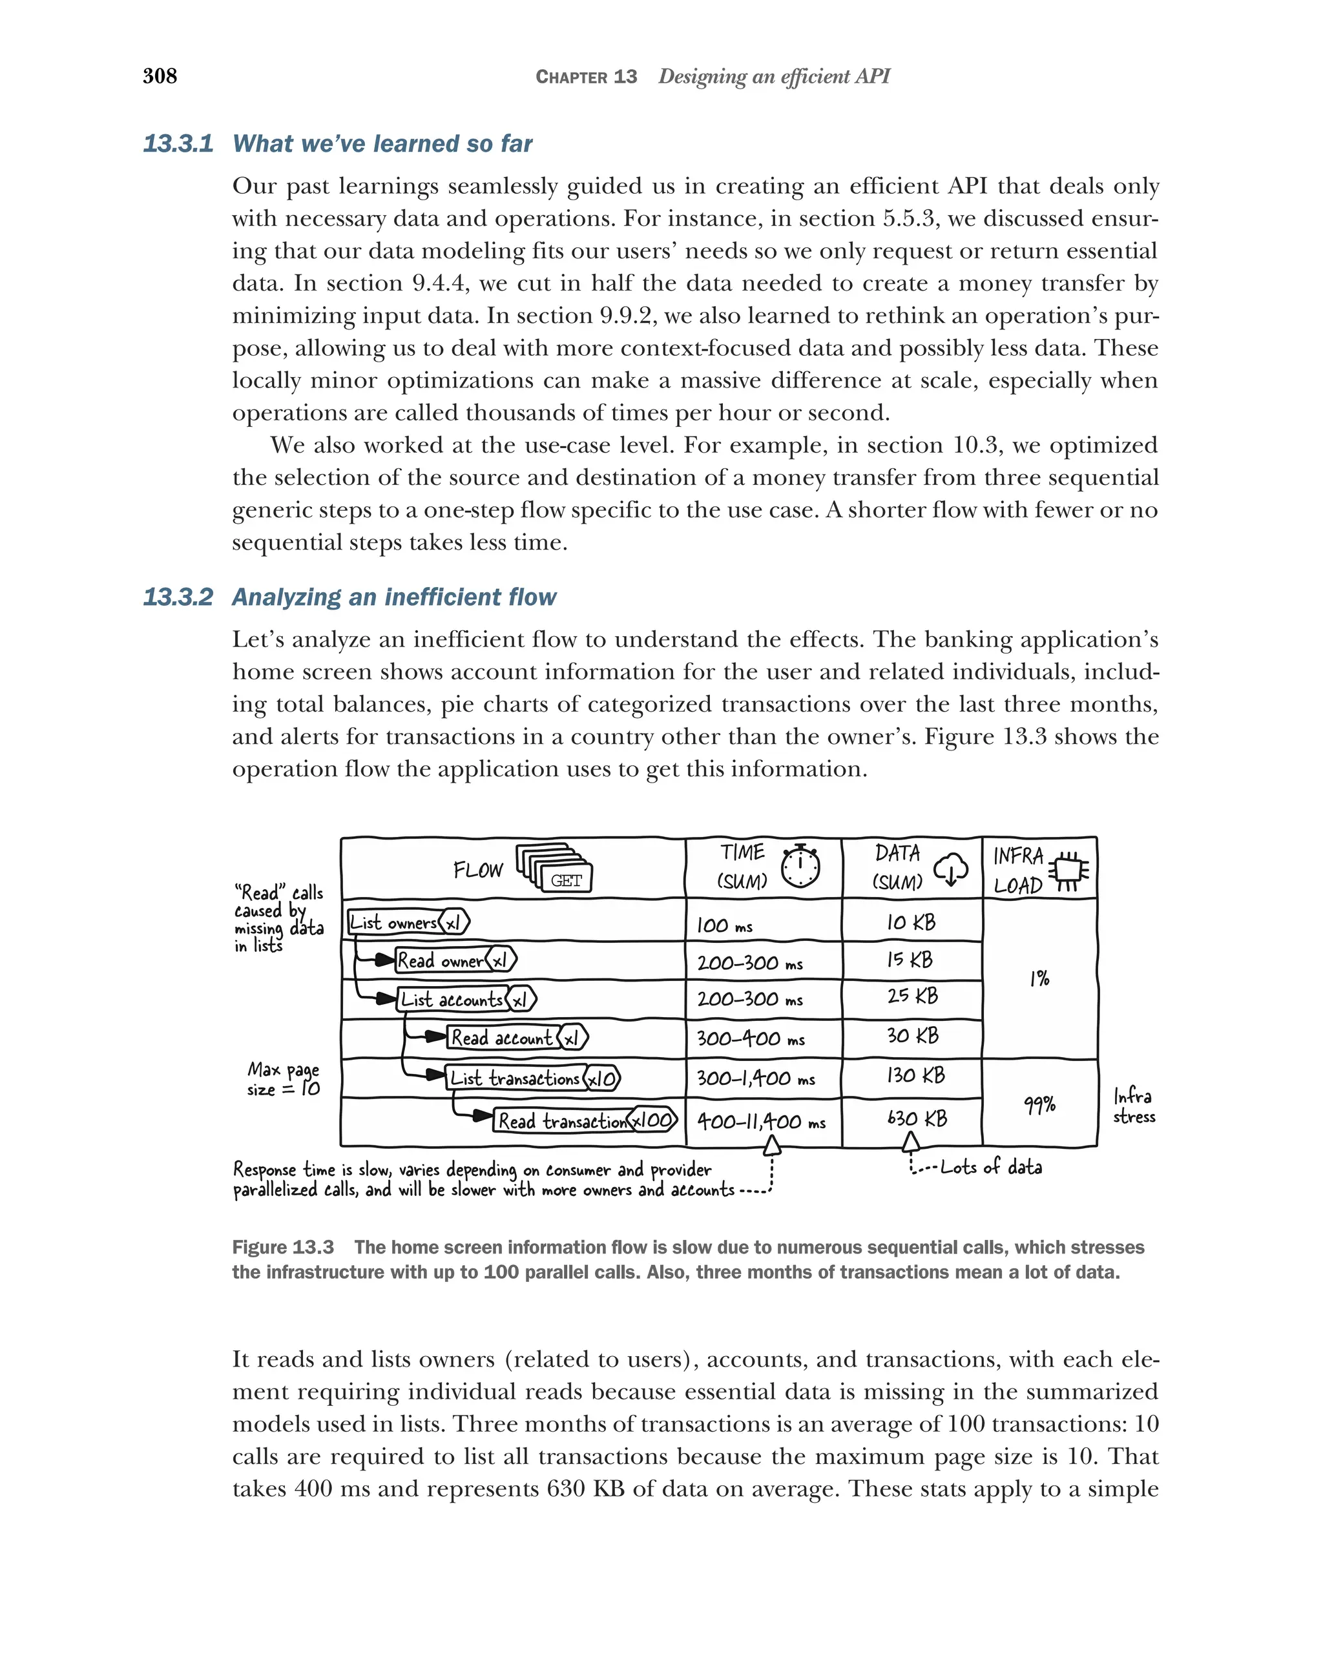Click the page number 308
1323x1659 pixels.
pyautogui.click(x=160, y=76)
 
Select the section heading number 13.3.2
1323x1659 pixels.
pyautogui.click(x=178, y=597)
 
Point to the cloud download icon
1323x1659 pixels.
pyautogui.click(x=950, y=869)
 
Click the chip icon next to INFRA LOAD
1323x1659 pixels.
pyautogui.click(x=1070, y=871)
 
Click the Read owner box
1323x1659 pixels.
pyautogui.click(x=440, y=960)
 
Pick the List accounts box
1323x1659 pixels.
pyautogui.click(x=452, y=999)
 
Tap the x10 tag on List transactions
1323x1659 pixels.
pyautogui.click(x=603, y=1079)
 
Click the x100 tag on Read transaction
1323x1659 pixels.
pyautogui.click(x=652, y=1120)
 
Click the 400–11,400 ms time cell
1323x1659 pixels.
pyautogui.click(x=760, y=1122)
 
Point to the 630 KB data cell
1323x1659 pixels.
pyautogui.click(x=916, y=1118)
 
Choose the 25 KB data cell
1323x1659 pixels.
pyautogui.click(x=912, y=996)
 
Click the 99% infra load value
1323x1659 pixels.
pyautogui.click(x=1039, y=1105)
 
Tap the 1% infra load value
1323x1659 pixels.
pyautogui.click(x=1039, y=979)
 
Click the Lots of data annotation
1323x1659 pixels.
pyautogui.click(x=990, y=1168)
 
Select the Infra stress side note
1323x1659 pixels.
pyautogui.click(x=1134, y=1106)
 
